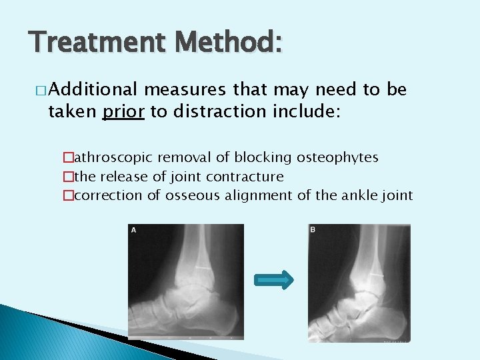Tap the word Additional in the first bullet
(93, 90)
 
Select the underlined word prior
(123, 111)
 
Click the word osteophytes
(339, 157)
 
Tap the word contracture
(245, 177)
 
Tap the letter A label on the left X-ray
(133, 230)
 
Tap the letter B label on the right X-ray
(313, 230)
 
